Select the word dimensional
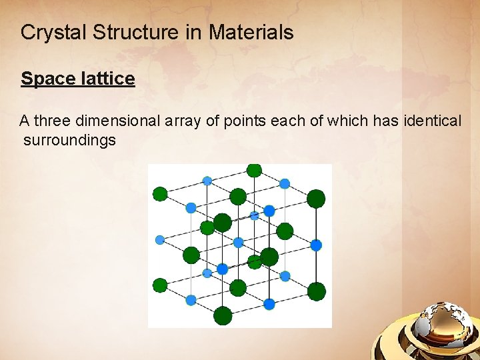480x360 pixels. (x=117, y=121)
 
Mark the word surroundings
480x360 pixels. (x=69, y=140)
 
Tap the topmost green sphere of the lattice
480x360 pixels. (x=253, y=169)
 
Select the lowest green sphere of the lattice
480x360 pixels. (x=223, y=315)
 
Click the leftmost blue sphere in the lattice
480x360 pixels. (x=160, y=240)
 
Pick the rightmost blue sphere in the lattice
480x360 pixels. (x=316, y=245)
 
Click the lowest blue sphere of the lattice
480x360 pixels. (x=269, y=304)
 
